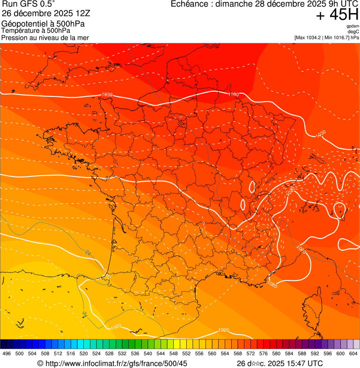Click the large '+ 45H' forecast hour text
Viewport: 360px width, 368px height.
point(337,15)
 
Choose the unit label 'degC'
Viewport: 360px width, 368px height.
point(353,31)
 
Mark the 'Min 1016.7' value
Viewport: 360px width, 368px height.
point(336,37)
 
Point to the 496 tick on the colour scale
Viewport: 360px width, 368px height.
point(7,354)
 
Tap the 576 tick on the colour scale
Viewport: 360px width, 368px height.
point(263,354)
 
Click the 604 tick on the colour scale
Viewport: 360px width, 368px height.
point(353,354)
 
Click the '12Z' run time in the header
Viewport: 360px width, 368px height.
point(89,14)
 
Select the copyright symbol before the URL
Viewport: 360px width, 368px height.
point(40,363)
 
